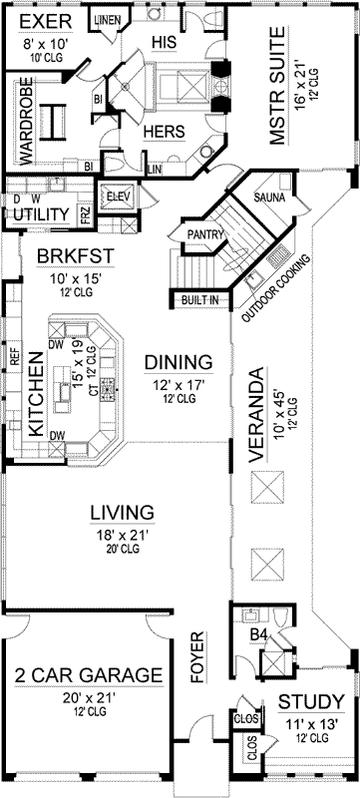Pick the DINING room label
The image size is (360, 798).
click(x=179, y=361)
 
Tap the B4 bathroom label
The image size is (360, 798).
click(x=257, y=633)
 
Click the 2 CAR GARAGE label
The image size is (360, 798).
click(x=89, y=675)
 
